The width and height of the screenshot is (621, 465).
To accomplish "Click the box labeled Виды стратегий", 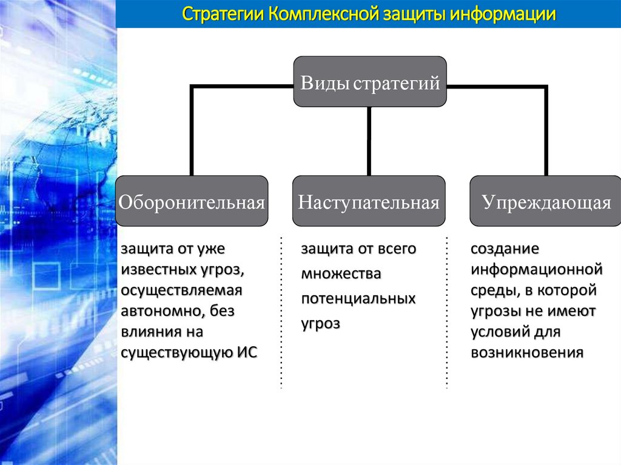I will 370,82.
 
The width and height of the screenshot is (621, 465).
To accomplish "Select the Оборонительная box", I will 192,201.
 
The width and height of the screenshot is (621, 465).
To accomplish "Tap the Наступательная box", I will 369,201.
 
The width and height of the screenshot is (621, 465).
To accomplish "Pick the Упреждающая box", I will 546,201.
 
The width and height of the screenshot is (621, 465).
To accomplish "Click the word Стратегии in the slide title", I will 223,14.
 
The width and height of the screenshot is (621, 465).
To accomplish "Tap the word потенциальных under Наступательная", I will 358,299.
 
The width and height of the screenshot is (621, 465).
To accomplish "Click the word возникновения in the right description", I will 527,353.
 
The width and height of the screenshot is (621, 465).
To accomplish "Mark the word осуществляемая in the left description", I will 181,290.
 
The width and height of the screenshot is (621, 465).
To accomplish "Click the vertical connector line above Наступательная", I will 369,141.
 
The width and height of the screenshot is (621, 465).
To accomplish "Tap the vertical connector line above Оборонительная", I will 192,130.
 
